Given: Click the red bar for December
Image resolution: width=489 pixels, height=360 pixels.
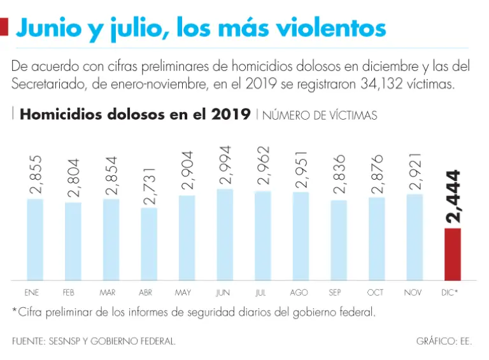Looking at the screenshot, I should point(452,254).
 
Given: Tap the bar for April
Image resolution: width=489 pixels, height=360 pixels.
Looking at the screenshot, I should point(148,243).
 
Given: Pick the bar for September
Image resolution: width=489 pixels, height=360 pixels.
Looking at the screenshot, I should point(338,240).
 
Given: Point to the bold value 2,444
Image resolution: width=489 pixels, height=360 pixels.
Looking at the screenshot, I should point(453,196).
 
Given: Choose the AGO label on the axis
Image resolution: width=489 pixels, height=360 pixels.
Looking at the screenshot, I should point(299,293).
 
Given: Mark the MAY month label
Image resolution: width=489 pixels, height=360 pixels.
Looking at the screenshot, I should point(183,293).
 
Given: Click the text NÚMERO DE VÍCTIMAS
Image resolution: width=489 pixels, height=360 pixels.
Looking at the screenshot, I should point(320,115).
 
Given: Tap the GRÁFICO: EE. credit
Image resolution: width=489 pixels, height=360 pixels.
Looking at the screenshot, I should point(444,342).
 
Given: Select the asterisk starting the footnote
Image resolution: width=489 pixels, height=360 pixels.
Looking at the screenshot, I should point(14,312).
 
